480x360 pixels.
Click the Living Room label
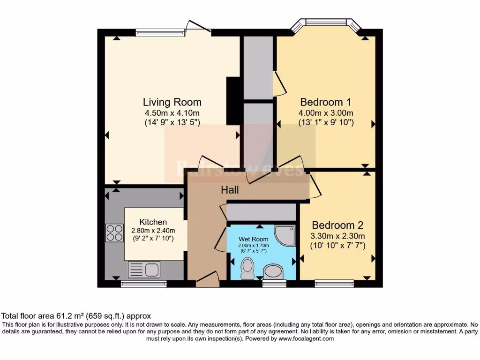click(x=172, y=102)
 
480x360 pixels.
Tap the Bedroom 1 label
click(x=325, y=102)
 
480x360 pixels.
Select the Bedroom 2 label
click(x=337, y=225)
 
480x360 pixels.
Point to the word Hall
click(x=230, y=190)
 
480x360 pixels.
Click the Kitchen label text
click(x=153, y=222)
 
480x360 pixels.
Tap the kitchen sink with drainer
click(x=144, y=270)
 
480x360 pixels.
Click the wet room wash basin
click(x=273, y=271)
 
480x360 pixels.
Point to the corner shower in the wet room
click(x=285, y=235)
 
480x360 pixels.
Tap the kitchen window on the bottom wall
click(x=144, y=284)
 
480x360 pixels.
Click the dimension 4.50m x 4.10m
click(x=172, y=113)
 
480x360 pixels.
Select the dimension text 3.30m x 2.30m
click(x=337, y=236)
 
